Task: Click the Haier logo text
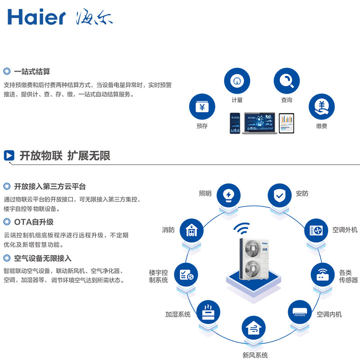36,17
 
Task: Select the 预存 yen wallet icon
202,108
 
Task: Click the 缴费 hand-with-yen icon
321,107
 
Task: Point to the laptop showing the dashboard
259,123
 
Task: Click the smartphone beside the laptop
235,123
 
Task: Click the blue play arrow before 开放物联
9,156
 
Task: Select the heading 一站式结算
32,72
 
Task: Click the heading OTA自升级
33,222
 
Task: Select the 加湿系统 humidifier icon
207,311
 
